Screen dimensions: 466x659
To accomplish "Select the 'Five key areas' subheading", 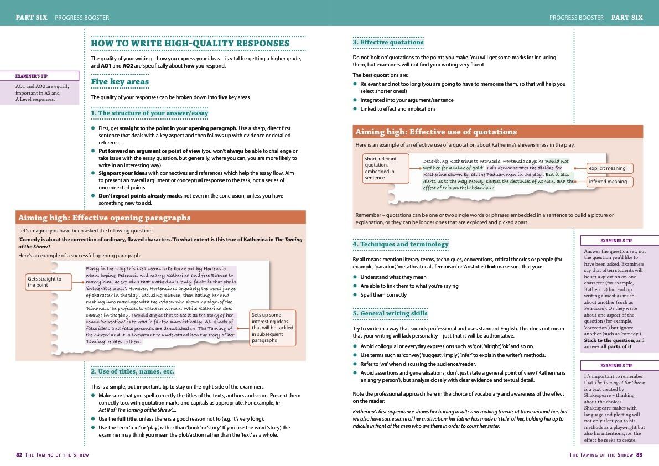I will coord(120,82).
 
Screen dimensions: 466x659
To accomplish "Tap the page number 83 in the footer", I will coord(639,455).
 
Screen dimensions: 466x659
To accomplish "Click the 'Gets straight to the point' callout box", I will coord(48,282).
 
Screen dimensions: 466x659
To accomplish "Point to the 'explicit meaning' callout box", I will coord(608,168).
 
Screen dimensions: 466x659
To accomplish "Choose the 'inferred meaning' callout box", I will coord(608,182).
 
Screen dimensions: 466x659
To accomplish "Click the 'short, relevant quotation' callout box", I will coord(386,168).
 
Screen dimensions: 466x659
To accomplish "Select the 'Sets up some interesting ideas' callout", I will coord(272,328).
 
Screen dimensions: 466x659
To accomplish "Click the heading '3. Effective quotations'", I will coord(388,42).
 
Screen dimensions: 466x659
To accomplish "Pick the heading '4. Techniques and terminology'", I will coord(401,244).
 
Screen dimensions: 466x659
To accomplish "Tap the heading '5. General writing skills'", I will coord(390,314).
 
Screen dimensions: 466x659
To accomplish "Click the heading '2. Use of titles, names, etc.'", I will coord(133,371).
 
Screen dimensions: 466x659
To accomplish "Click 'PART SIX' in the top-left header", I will coord(32,18).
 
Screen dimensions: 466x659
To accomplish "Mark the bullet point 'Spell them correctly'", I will coord(383,295).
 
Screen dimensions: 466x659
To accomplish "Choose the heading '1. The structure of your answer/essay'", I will coord(149,113).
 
